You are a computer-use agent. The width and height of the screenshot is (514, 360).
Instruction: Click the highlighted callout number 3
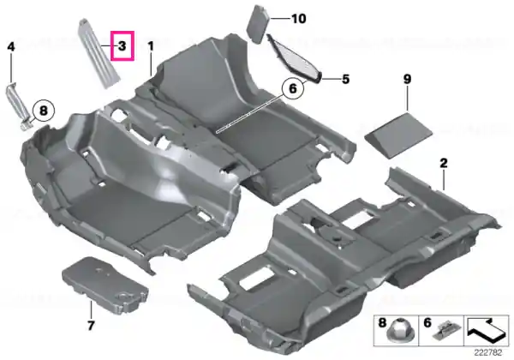122,45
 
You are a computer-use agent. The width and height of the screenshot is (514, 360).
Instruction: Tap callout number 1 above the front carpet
151,46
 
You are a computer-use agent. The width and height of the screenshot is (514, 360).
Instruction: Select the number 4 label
11,46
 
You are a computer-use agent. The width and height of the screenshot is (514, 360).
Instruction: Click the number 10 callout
299,19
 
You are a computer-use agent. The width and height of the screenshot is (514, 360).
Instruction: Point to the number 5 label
346,79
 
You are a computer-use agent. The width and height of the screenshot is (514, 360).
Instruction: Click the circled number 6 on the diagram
292,88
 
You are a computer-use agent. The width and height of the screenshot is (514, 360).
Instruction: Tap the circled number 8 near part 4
44,111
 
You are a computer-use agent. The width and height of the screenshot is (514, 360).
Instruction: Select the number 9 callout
407,79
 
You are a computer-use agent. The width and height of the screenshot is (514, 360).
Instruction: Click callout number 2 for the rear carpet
444,163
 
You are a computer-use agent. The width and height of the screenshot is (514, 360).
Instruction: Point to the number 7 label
91,325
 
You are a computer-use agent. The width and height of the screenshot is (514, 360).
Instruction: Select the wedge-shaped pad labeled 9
398,135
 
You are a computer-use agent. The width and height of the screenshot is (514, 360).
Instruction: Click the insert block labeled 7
105,285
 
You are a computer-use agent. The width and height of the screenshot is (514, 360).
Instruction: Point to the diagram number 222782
488,353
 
